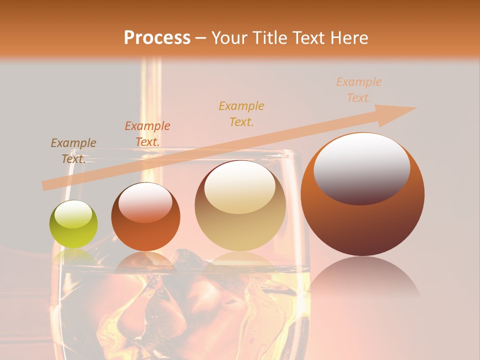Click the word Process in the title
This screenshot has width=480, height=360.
click(x=157, y=38)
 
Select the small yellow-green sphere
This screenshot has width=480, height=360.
click(x=73, y=224)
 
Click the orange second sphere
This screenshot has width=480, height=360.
click(x=145, y=217)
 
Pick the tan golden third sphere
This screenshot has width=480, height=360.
click(x=240, y=206)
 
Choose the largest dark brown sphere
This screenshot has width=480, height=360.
click(x=362, y=194)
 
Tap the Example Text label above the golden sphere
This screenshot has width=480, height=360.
click(x=241, y=113)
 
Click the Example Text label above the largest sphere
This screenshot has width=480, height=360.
click(x=359, y=90)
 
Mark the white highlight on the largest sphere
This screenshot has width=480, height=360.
click(x=362, y=168)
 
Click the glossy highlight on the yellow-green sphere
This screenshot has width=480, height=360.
click(x=73, y=214)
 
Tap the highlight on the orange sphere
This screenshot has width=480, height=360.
click(x=145, y=201)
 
